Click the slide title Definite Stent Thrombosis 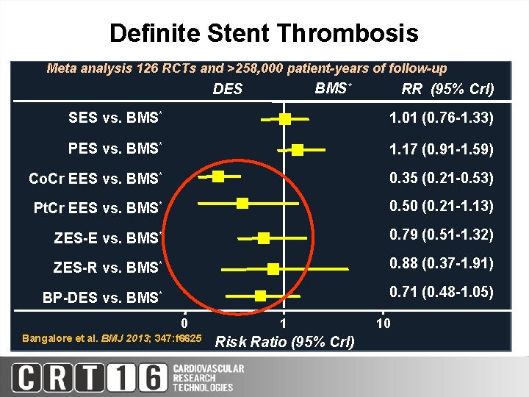(264, 33)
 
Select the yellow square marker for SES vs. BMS (285, 119)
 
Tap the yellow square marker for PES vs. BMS (298, 150)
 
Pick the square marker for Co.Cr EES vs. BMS (218, 176)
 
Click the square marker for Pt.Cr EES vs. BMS (242, 203)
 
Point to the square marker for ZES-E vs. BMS (264, 237)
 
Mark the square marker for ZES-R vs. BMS (273, 269)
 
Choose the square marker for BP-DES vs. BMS (260, 296)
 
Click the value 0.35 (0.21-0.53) (441, 178)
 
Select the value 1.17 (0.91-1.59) (441, 150)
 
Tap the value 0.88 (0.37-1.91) (441, 263)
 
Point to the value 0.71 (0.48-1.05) (441, 293)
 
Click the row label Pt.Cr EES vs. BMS (97, 209)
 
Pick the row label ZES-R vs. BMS (107, 268)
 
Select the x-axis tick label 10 (383, 323)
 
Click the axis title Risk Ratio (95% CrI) (284, 342)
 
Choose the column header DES (227, 90)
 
